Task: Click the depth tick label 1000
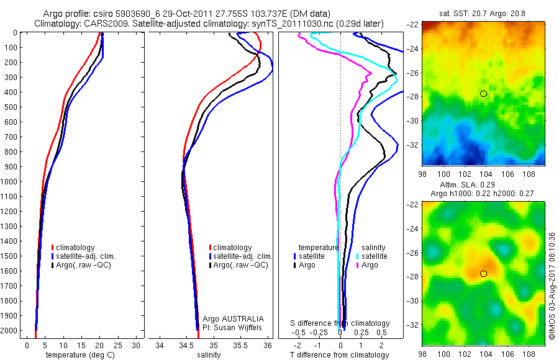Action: coord(10,182)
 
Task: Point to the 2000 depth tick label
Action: coord(10,331)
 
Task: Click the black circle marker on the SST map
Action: coord(484,94)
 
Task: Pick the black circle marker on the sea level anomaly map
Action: coord(484,274)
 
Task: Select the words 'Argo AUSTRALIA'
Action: coord(229,318)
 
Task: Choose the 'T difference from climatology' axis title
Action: coord(340,355)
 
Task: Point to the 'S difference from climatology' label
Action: coord(340,323)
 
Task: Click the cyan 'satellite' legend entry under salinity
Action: coord(373,256)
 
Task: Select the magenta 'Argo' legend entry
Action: coord(369,265)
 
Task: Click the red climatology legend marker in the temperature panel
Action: coord(53,248)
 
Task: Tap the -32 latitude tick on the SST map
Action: coord(412,145)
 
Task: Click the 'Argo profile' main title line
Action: coord(186,14)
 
